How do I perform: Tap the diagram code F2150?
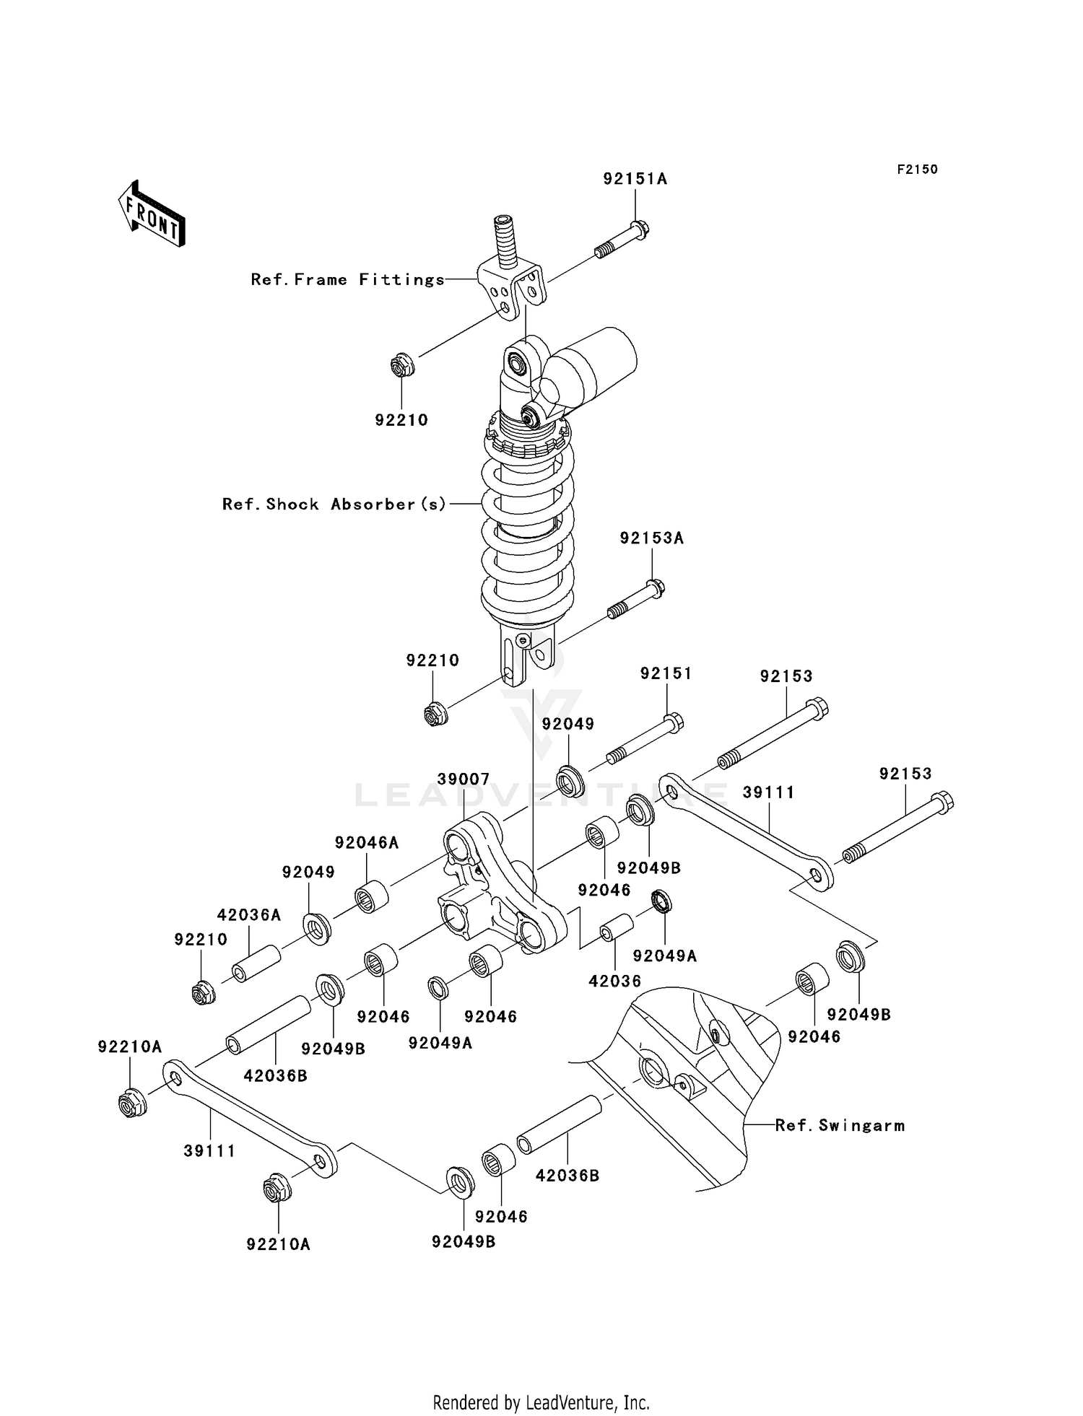click(917, 170)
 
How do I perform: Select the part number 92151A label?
click(635, 179)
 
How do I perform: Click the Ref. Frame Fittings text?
click(347, 279)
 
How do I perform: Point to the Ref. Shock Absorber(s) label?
click(334, 504)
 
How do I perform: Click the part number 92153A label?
click(651, 538)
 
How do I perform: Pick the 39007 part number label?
click(464, 779)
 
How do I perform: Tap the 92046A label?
click(366, 843)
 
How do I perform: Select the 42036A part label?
click(249, 915)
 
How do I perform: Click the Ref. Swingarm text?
click(840, 1125)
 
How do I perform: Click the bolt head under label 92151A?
click(638, 231)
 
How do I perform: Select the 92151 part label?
click(666, 673)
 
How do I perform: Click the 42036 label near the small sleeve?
click(614, 981)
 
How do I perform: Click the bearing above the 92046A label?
click(371, 896)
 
